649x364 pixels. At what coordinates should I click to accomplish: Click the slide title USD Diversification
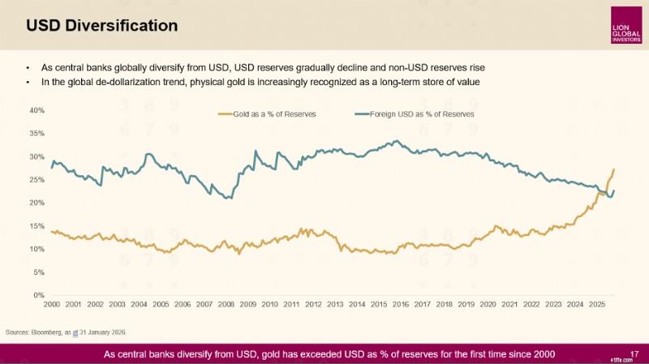[x=102, y=26]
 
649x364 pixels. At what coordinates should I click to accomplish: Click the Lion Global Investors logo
[x=626, y=25]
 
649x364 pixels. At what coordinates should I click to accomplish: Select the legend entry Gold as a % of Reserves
[x=267, y=114]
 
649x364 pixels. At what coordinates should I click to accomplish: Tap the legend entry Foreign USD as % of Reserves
[x=415, y=114]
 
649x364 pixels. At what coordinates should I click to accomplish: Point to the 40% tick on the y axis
[x=37, y=110]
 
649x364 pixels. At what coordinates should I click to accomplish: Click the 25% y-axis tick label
[x=37, y=180]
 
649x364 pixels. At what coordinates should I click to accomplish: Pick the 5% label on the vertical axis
[x=39, y=272]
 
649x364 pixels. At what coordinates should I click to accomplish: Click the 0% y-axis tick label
[x=39, y=295]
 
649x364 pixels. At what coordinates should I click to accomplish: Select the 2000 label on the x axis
[x=52, y=305]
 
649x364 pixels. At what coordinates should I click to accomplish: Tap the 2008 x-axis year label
[x=226, y=305]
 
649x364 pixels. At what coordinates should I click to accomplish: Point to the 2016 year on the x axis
[x=401, y=305]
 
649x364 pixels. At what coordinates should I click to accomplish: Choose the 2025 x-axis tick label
[x=597, y=305]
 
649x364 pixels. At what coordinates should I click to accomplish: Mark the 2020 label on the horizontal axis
[x=488, y=305]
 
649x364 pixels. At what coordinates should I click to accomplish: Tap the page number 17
[x=634, y=354]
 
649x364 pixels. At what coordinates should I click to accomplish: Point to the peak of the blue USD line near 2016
[x=398, y=140]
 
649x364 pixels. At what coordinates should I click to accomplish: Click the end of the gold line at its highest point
[x=614, y=169]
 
